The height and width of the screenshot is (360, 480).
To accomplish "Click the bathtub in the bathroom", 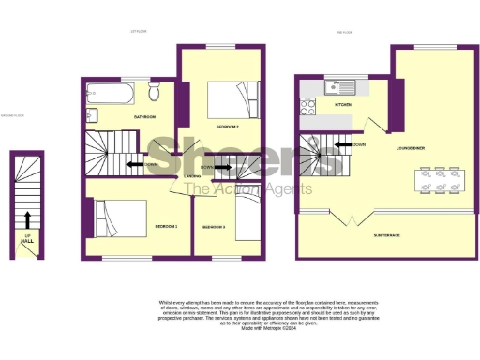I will [110, 94].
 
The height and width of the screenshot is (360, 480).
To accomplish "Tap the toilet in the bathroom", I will [154, 91].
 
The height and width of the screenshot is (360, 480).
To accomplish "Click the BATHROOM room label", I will [144, 117].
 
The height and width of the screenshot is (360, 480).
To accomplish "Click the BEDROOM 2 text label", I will [228, 126].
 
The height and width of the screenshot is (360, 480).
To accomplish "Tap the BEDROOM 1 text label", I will [166, 226].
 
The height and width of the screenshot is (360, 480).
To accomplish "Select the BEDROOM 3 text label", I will [214, 227].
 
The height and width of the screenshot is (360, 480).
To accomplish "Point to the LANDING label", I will [191, 175].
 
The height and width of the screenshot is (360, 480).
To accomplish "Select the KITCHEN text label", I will [342, 105].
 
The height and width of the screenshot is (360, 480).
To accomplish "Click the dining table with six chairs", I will [439, 179].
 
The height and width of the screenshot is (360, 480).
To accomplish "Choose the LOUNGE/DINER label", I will [412, 147].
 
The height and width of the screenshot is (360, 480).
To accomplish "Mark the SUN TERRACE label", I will [386, 234].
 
